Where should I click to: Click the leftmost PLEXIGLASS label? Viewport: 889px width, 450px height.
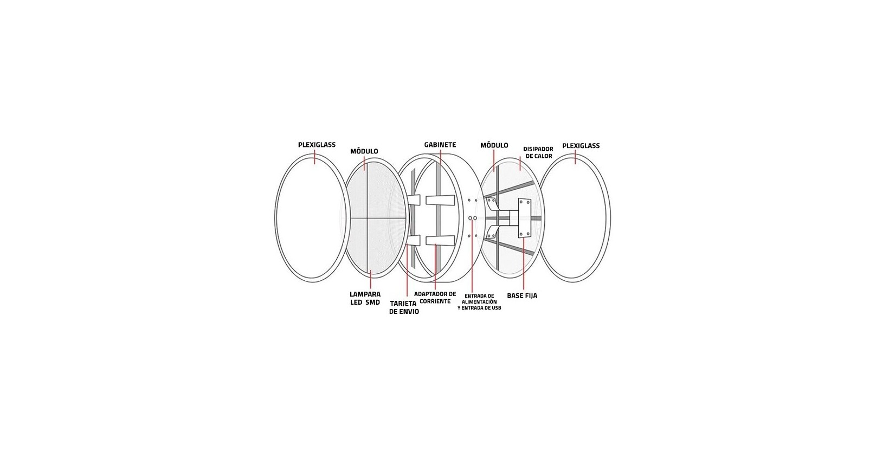click(x=317, y=145)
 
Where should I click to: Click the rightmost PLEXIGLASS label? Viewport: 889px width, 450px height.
click(x=581, y=146)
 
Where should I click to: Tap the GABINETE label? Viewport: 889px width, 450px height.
click(x=440, y=145)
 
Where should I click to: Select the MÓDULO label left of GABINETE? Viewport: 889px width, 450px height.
click(x=364, y=151)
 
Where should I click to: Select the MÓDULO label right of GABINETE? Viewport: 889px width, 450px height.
click(x=494, y=145)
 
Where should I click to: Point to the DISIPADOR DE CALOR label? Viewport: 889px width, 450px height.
click(x=538, y=152)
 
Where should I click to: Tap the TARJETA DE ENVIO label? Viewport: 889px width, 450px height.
click(x=404, y=307)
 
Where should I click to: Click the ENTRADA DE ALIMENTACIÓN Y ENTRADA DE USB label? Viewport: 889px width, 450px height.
click(x=479, y=301)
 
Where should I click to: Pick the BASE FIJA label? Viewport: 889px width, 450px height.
click(x=522, y=296)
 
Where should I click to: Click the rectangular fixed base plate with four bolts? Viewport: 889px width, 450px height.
click(x=524, y=218)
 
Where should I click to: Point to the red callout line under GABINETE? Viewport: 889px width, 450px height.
click(x=440, y=157)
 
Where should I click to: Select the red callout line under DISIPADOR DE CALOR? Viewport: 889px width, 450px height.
click(x=520, y=163)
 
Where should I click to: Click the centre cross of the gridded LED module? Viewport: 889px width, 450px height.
click(x=365, y=218)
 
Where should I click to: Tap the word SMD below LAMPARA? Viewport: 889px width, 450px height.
click(x=372, y=302)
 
